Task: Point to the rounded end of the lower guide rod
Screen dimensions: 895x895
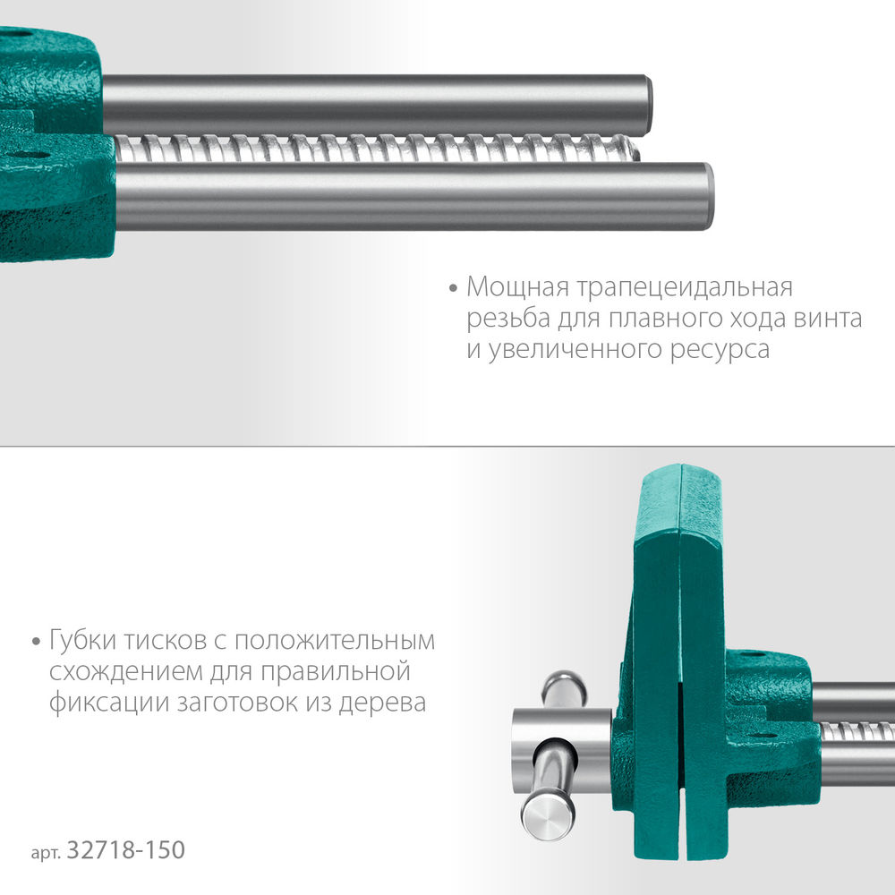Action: pyautogui.click(x=706, y=196)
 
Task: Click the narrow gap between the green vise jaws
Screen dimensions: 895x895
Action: pyautogui.click(x=683, y=716)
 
